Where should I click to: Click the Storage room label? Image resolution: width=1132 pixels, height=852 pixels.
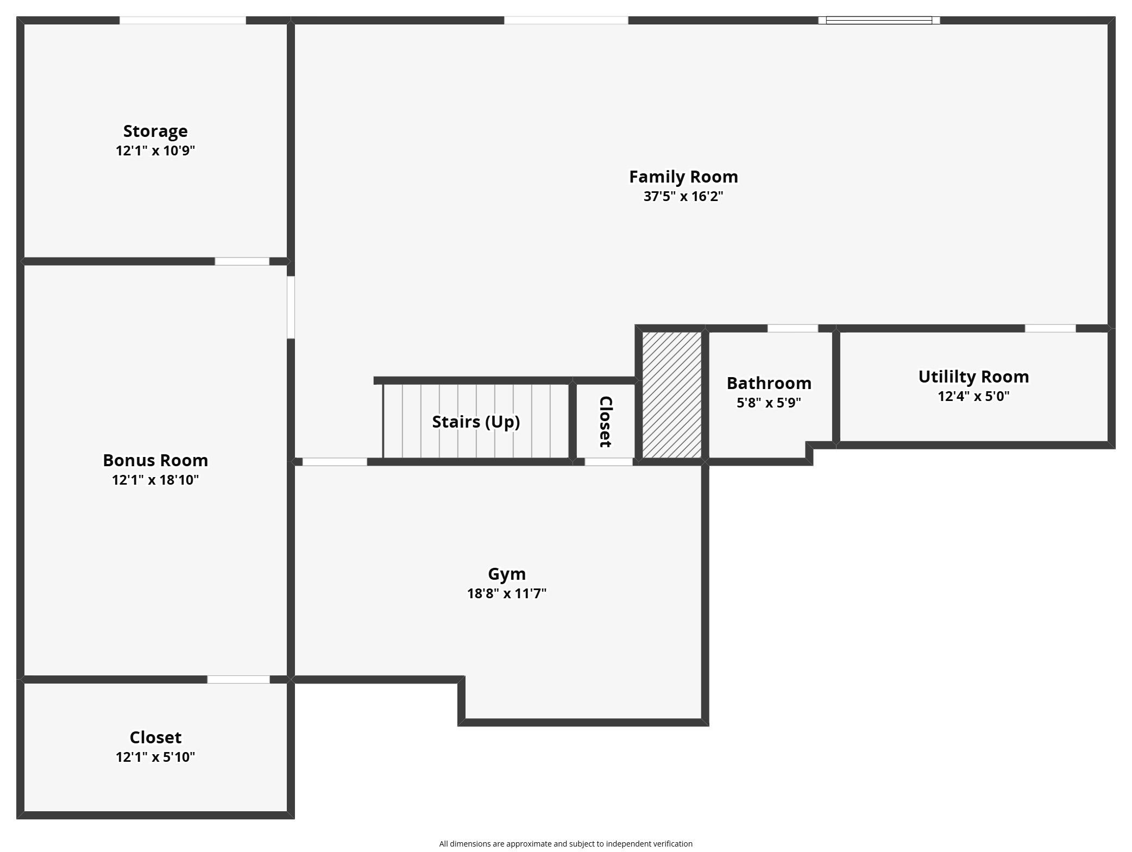tap(155, 131)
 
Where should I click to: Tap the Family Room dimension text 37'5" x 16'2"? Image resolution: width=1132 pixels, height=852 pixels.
tap(683, 196)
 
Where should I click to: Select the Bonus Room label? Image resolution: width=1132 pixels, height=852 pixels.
tap(155, 460)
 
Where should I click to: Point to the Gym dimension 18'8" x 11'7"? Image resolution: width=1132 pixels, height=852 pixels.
tap(507, 593)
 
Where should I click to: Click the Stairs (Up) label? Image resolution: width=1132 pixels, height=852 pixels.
tap(476, 422)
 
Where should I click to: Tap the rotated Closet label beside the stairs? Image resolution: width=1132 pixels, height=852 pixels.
tap(606, 422)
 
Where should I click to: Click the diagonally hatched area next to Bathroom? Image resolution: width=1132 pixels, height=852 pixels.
tap(672, 395)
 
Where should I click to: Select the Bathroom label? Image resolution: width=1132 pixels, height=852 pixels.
tap(769, 383)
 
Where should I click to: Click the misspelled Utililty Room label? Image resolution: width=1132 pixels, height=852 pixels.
tap(973, 377)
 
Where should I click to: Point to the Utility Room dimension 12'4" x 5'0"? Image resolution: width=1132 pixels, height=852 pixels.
tap(973, 396)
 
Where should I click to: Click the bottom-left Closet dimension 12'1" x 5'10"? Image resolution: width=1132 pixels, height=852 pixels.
tap(155, 757)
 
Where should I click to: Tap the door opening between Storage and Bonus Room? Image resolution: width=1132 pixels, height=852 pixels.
tap(242, 261)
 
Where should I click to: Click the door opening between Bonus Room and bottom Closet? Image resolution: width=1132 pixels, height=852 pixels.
tap(238, 679)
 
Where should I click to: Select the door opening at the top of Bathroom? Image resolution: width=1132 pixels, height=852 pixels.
tap(793, 328)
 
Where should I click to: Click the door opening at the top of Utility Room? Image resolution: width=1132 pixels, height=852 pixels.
tap(1050, 328)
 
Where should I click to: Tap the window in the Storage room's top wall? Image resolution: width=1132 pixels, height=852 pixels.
tap(183, 21)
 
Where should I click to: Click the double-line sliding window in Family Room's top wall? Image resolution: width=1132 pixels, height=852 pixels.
tap(879, 21)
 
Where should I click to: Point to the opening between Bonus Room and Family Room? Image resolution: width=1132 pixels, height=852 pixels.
tap(291, 307)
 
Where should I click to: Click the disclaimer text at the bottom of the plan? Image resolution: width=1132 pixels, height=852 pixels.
tap(566, 844)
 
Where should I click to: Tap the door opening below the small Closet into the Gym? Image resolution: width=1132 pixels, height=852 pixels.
tap(608, 462)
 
